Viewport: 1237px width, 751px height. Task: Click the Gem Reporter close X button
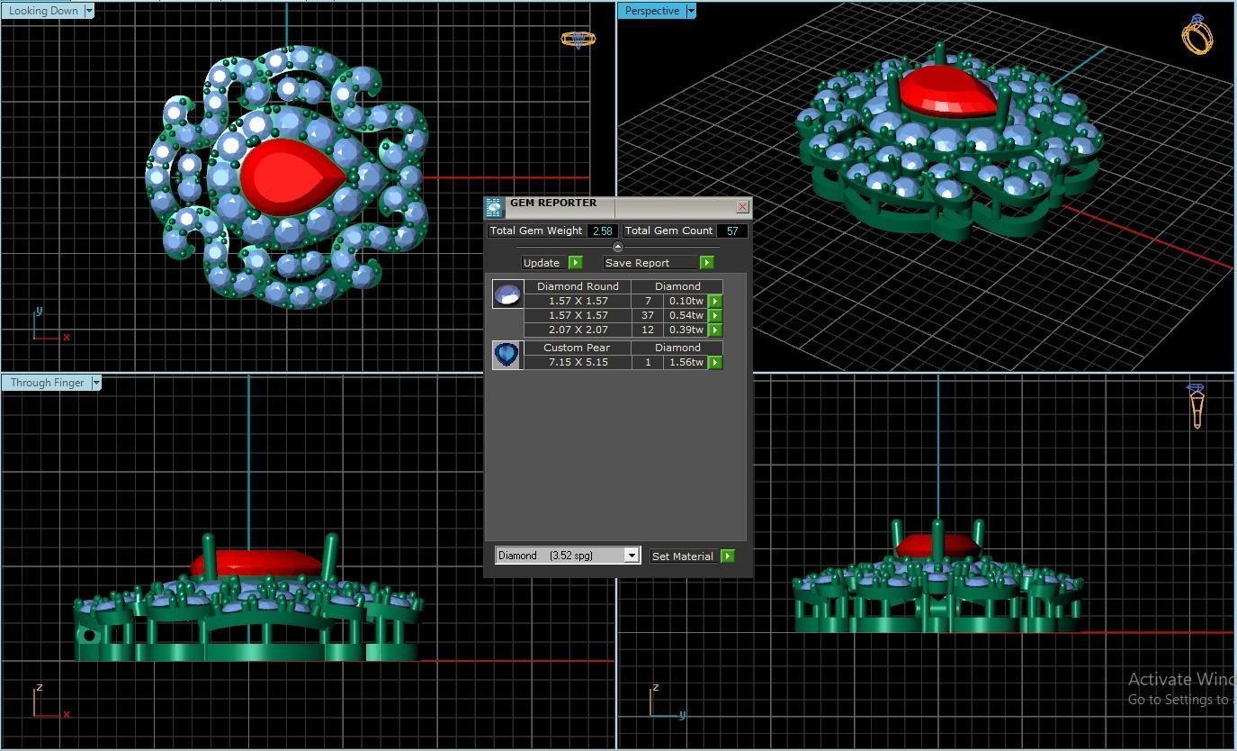[742, 207]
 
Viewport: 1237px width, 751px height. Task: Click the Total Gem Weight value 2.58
[602, 231]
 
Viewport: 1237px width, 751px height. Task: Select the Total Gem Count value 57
[732, 231]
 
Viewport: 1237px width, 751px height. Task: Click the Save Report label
[637, 263]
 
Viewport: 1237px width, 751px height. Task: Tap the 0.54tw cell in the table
[686, 315]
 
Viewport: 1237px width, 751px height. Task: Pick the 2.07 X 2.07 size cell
[578, 330]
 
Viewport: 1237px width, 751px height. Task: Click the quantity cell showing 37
[647, 315]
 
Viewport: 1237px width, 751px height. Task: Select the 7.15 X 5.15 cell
[578, 362]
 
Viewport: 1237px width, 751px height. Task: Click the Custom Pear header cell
[577, 348]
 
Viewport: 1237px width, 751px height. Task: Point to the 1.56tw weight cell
[686, 362]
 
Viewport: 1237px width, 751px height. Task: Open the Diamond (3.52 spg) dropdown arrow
[632, 556]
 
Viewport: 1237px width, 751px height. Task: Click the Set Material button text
[682, 556]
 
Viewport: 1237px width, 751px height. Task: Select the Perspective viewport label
[651, 11]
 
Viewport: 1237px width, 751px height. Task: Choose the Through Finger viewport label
[47, 383]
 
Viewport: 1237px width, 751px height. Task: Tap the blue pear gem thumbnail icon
[507, 355]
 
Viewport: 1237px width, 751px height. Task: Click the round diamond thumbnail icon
[507, 294]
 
